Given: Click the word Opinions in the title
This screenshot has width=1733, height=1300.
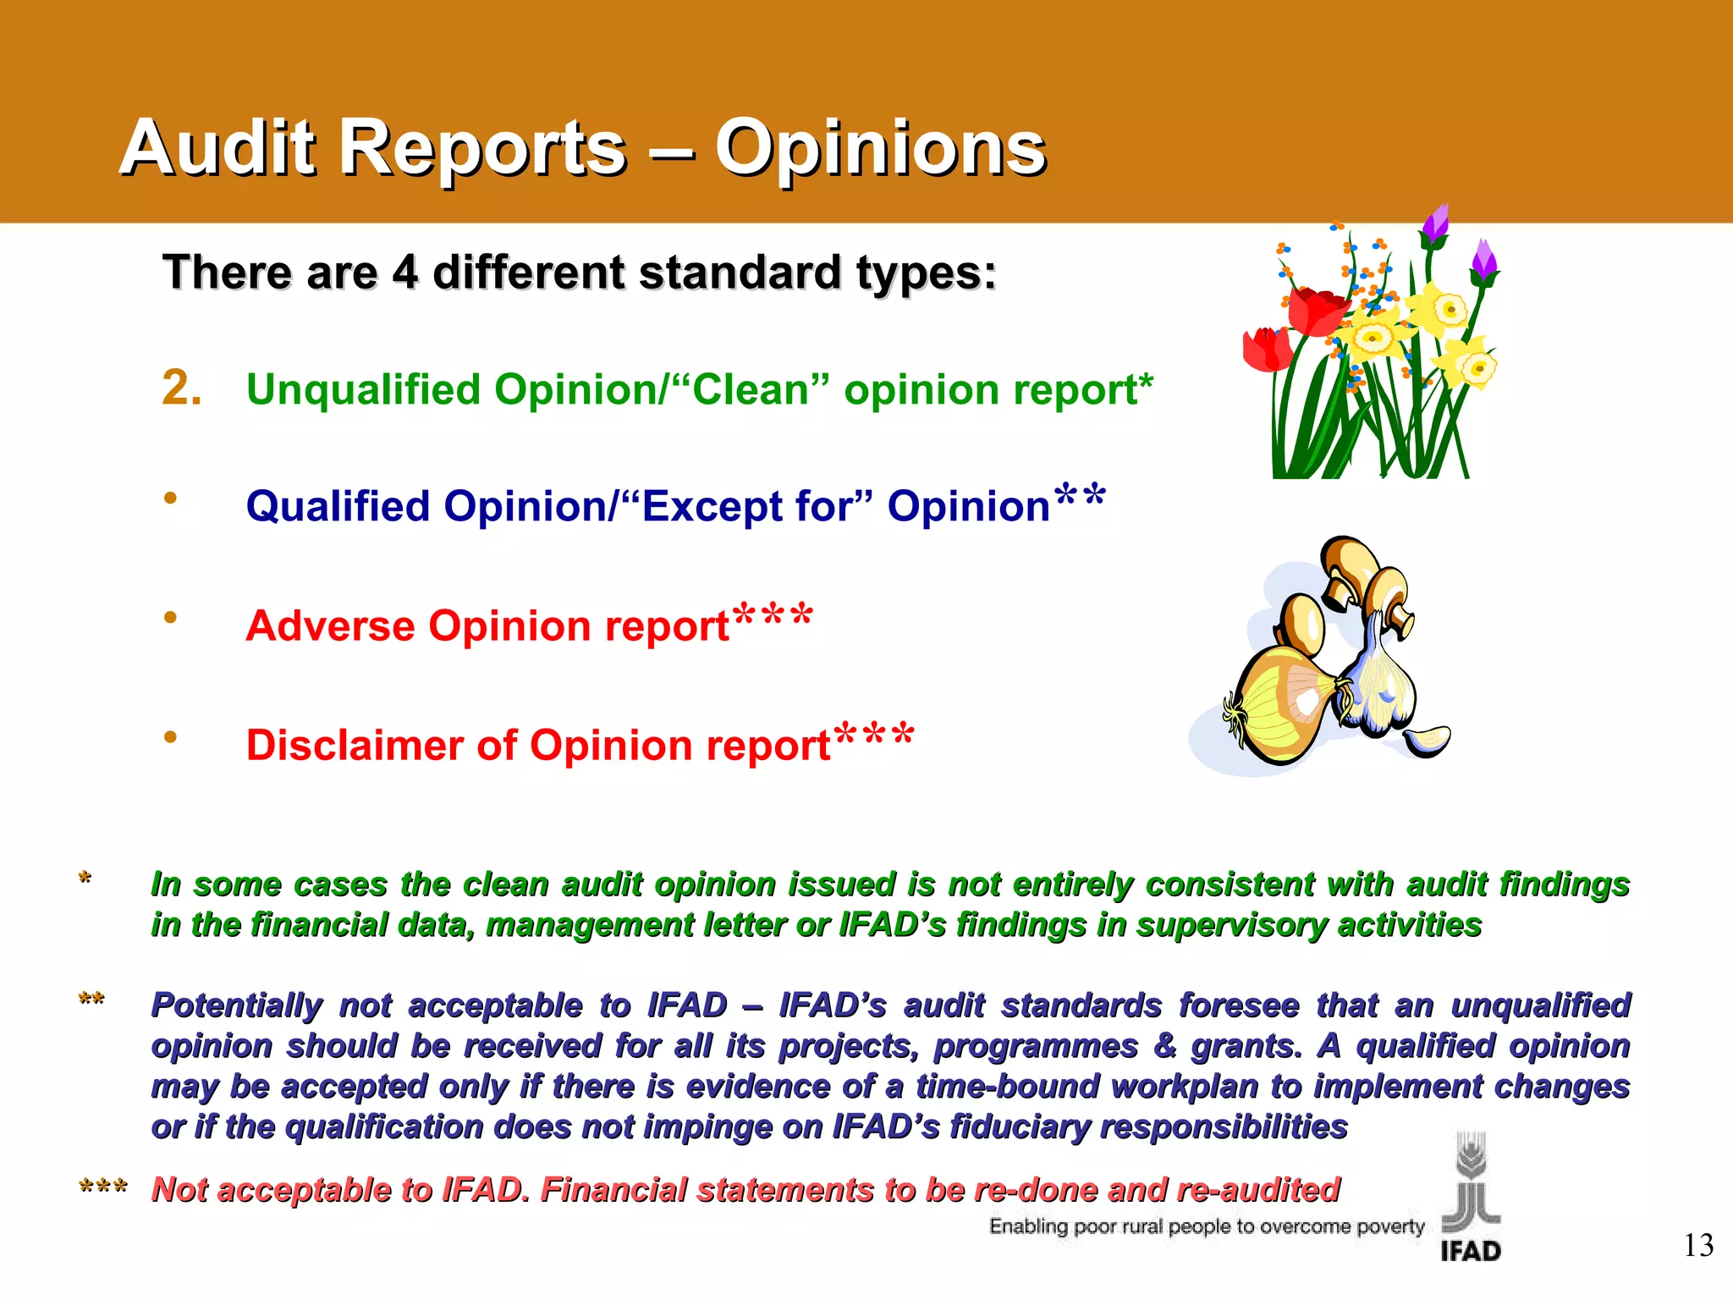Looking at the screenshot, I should (880, 148).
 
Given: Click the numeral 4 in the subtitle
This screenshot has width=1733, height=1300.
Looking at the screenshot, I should (404, 273).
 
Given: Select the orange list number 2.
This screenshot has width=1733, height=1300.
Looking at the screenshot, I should (182, 388).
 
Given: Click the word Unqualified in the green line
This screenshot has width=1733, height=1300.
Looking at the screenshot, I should (364, 390).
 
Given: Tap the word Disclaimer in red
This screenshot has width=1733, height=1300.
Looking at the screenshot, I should (355, 746).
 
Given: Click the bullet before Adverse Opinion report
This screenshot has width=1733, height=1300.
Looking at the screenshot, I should (170, 618).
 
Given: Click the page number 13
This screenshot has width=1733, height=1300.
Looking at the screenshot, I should (1697, 1246).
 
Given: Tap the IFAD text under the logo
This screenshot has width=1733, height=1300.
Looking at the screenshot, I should (1471, 1251).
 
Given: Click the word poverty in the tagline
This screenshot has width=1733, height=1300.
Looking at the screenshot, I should (1390, 1226).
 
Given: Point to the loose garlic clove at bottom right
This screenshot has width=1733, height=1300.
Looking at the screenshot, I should (1428, 741).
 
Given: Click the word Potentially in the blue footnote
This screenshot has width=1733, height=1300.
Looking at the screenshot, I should (236, 1005).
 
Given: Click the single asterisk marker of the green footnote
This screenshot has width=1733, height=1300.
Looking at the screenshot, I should (85, 879).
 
